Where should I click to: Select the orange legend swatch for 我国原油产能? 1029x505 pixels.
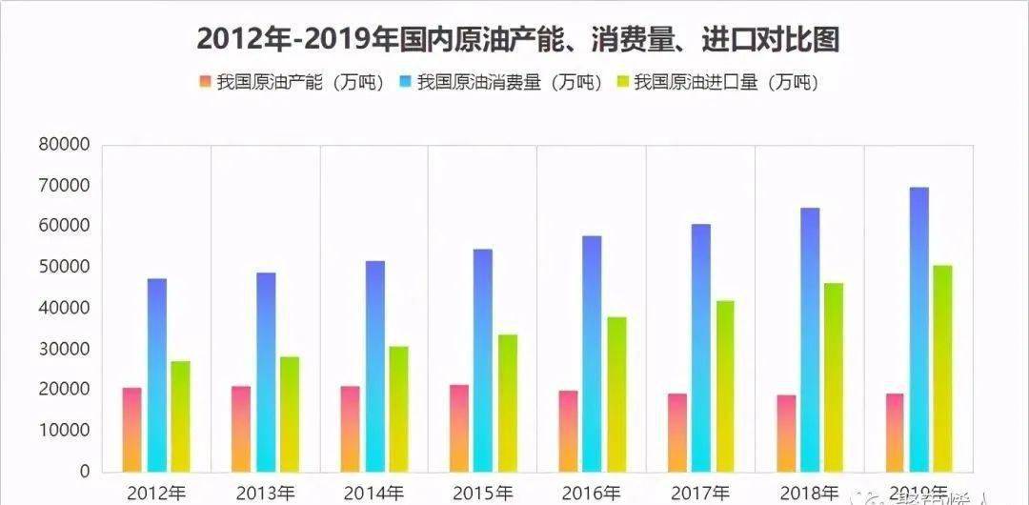[204, 83]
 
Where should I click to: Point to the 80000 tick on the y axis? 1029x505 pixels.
[64, 145]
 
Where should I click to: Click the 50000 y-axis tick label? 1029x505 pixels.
[64, 268]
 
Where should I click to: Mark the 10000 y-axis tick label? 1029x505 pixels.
[64, 431]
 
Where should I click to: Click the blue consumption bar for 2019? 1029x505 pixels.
[919, 329]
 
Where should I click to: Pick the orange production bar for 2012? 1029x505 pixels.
[131, 430]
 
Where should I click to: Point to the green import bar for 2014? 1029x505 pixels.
[398, 409]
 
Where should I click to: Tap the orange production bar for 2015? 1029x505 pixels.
[459, 428]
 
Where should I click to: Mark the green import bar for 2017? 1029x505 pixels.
[726, 386]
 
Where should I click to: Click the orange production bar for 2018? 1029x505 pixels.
[786, 434]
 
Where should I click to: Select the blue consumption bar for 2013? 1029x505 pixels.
[266, 372]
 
